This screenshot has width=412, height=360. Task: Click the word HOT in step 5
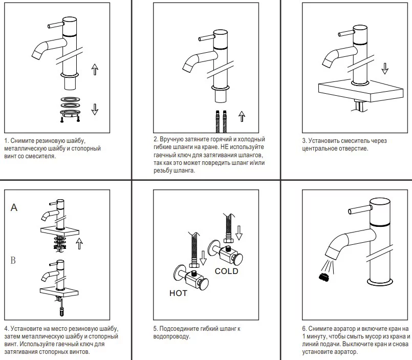178,293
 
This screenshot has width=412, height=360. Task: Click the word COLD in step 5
227,271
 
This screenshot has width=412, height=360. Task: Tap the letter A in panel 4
14,207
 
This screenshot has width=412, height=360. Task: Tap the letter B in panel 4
13,261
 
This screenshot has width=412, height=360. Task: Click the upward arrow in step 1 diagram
95,69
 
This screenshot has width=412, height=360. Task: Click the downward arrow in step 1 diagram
95,109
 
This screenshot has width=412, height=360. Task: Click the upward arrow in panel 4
79,243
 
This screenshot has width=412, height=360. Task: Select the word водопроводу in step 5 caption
171,336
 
